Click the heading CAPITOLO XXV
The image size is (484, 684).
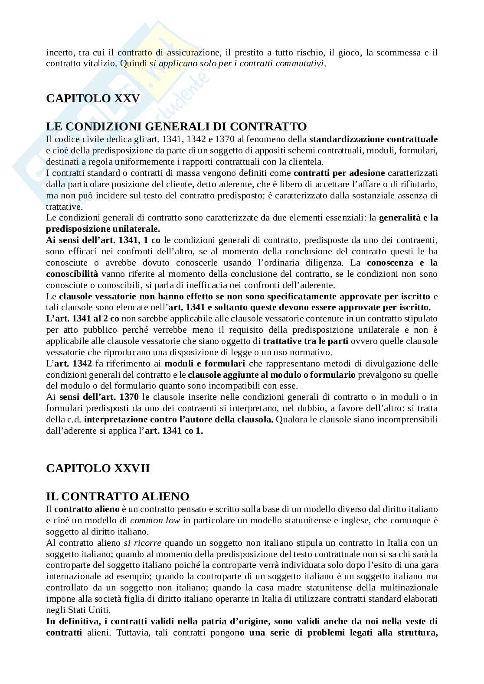(93, 98)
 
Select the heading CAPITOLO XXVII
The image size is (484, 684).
(98, 468)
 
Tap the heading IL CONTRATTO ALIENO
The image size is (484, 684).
(118, 496)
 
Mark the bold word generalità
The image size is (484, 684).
(399, 218)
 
